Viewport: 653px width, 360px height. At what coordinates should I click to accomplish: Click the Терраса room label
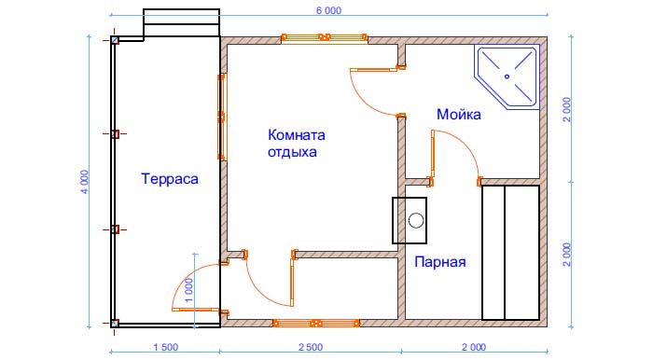pyautogui.click(x=170, y=179)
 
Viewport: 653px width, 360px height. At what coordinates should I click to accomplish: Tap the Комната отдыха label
pyautogui.click(x=296, y=144)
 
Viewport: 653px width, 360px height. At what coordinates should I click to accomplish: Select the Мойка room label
pyautogui.click(x=459, y=115)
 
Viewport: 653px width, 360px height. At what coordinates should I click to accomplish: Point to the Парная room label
pyautogui.click(x=439, y=262)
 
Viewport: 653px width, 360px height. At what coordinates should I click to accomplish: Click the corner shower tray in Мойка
pyautogui.click(x=507, y=77)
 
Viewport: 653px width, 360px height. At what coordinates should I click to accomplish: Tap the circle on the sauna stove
pyautogui.click(x=416, y=220)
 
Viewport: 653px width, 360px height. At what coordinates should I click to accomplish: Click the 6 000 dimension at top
pyautogui.click(x=328, y=10)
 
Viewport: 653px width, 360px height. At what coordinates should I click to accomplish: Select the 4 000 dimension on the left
pyautogui.click(x=85, y=182)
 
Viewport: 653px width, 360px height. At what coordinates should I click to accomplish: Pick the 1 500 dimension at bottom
pyautogui.click(x=166, y=347)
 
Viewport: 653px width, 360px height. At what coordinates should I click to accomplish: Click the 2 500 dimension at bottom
pyautogui.click(x=311, y=347)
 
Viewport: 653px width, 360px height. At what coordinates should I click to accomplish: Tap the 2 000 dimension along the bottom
pyautogui.click(x=474, y=347)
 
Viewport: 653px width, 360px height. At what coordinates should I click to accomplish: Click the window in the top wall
pyautogui.click(x=324, y=37)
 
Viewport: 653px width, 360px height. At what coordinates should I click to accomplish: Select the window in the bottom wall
pyautogui.click(x=315, y=323)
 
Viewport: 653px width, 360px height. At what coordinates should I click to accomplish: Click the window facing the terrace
pyautogui.click(x=222, y=117)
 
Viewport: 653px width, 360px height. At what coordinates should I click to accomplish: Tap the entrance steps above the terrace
pyautogui.click(x=182, y=22)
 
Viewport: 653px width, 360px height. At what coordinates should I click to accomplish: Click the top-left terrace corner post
pyautogui.click(x=115, y=40)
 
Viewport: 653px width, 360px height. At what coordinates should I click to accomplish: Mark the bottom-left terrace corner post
pyautogui.click(x=115, y=323)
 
